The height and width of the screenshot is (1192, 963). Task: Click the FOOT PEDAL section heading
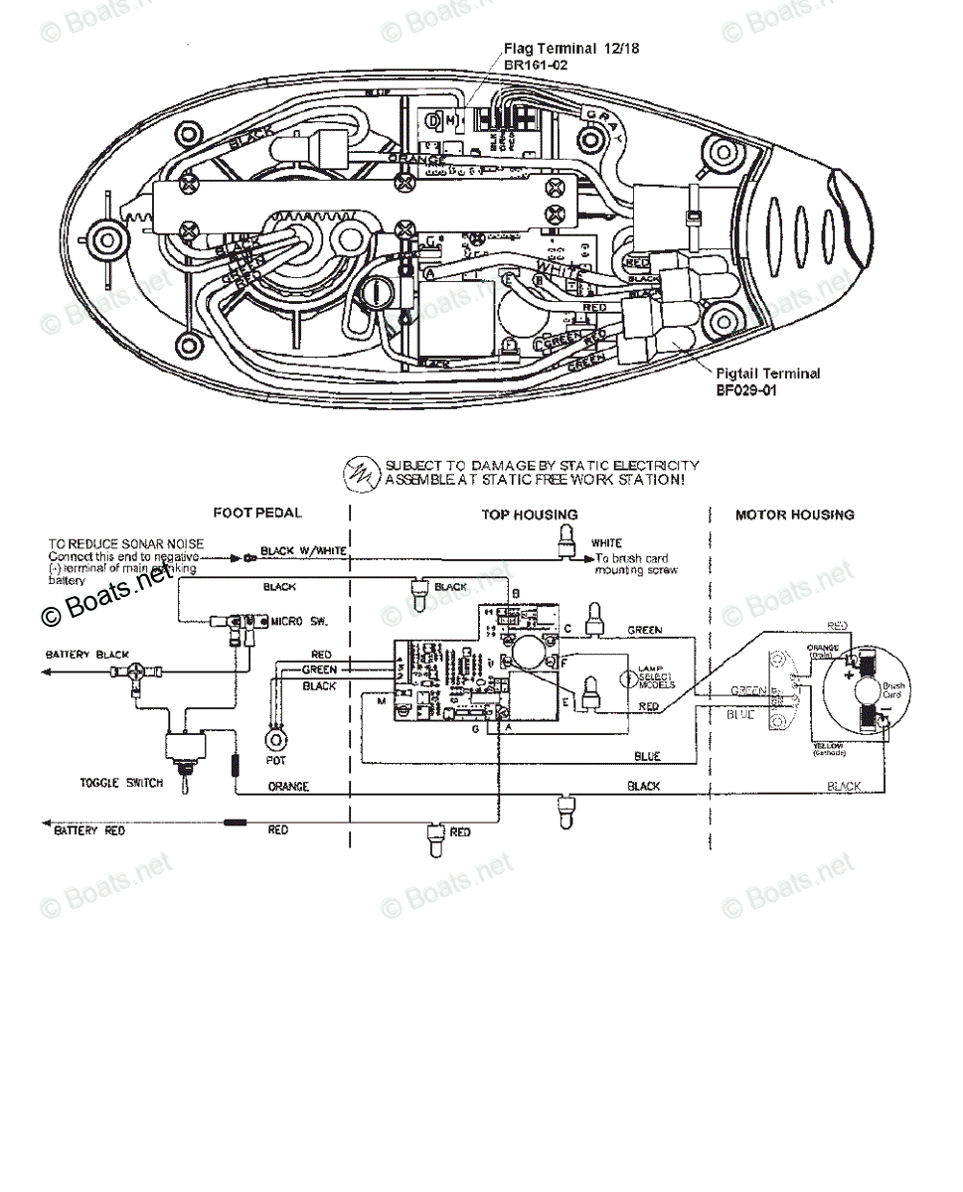point(256,514)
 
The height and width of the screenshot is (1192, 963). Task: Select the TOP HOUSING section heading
point(529,515)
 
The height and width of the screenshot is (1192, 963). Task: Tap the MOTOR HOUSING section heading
point(794,515)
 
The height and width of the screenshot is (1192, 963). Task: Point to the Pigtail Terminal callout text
point(767,374)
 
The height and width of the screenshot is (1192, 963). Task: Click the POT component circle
point(274,741)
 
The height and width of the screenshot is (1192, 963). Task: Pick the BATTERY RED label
point(89,830)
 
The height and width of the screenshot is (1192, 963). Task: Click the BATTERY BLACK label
point(86,656)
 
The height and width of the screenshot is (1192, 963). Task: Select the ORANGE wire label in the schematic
point(288,787)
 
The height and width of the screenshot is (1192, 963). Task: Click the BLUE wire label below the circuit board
point(647,756)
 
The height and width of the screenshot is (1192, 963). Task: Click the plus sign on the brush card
point(850,673)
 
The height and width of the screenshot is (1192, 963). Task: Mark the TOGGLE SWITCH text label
point(120,783)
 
